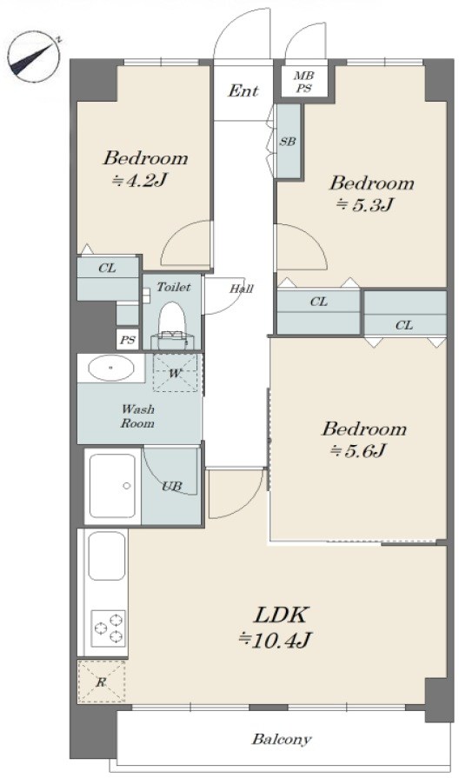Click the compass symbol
(34, 56)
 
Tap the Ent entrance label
(243, 90)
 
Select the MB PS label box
(303, 82)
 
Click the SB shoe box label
(287, 142)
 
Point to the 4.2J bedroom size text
(138, 180)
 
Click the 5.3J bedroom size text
(366, 204)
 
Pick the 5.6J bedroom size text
(358, 450)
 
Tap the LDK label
(282, 615)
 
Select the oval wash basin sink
(110, 368)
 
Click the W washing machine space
(175, 373)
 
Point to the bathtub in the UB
(112, 486)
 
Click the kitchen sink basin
(107, 555)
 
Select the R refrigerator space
(102, 682)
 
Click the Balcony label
(282, 739)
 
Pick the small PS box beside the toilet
(128, 341)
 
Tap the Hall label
(242, 289)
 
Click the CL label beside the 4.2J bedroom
(107, 269)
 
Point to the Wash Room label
(137, 416)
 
